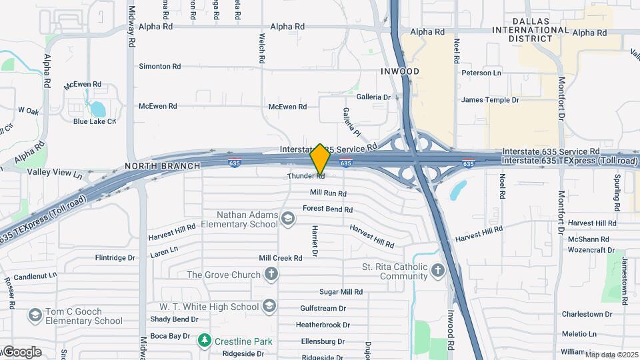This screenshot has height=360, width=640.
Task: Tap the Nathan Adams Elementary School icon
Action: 287,219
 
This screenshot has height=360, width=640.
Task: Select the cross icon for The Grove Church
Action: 271,274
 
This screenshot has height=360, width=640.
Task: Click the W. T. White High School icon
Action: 269,306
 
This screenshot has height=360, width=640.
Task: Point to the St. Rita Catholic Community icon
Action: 437,270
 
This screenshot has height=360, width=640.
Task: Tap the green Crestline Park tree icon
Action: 205,341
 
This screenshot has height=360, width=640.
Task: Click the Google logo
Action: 22,351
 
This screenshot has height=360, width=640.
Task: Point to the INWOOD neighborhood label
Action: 400,71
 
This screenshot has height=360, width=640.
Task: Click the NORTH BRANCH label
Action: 162,165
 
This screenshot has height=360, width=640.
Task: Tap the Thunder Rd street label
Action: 306,176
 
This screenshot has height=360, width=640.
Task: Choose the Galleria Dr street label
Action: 373,97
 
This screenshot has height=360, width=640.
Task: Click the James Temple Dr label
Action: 490,100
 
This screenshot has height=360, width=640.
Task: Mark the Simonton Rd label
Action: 159,67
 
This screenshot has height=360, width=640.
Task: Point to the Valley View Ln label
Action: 55,173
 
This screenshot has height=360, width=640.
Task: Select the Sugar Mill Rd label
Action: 341,291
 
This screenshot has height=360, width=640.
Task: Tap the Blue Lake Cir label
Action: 95,121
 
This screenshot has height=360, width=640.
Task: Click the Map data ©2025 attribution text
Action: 612,355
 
